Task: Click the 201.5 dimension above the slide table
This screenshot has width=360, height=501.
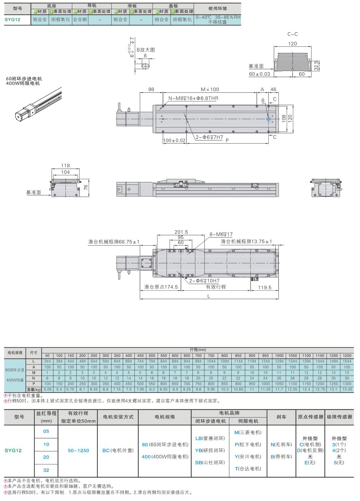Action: tap(181, 232)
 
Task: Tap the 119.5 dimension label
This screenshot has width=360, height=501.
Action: tap(264, 288)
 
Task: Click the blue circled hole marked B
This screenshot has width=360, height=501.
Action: tap(268, 119)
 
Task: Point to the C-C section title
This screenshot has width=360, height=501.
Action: tap(292, 34)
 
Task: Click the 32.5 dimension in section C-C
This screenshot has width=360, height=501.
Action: tap(316, 66)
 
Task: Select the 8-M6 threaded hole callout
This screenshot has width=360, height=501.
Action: tap(221, 234)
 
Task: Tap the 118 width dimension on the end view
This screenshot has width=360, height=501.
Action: tap(65, 165)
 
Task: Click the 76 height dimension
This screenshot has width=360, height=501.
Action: tap(86, 188)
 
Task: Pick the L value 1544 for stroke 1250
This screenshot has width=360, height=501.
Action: tap(347, 361)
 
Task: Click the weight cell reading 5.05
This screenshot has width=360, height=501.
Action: tap(47, 389)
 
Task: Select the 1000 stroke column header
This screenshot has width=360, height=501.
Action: tap(279, 355)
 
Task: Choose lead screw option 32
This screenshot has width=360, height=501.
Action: tap(46, 470)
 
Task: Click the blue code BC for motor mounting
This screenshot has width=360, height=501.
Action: tap(106, 450)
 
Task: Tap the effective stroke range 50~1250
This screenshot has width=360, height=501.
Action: tap(78, 450)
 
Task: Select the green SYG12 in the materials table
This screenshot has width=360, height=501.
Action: tap(12, 20)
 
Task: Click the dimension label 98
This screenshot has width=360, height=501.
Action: tap(151, 90)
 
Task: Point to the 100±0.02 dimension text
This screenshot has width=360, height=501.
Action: tap(174, 141)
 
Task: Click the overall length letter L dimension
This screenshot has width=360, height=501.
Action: tap(209, 296)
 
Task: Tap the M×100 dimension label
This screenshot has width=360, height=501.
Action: tap(210, 90)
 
